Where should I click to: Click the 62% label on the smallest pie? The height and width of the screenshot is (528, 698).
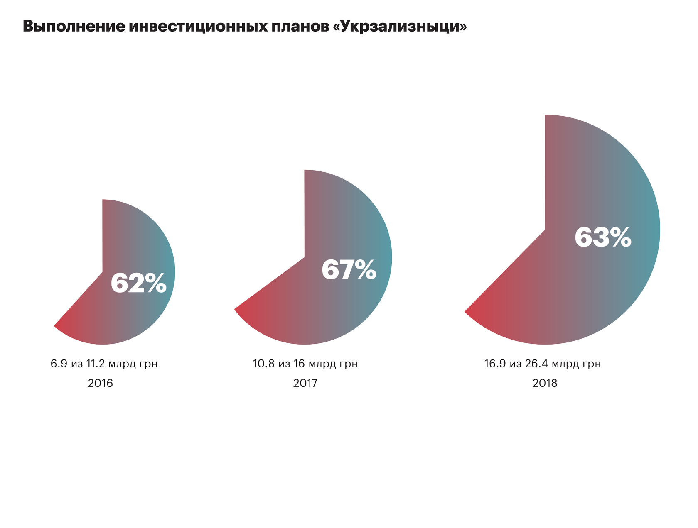coord(138,284)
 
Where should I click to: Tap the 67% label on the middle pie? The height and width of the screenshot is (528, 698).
coord(349,270)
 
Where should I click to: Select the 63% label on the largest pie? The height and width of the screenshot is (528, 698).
coord(603,238)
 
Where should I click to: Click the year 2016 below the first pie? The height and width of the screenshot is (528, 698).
coord(101,383)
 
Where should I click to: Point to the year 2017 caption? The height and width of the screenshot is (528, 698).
coord(305,383)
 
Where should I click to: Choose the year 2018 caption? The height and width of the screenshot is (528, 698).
coord(545,383)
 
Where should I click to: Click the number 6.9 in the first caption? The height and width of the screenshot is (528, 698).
coord(59,364)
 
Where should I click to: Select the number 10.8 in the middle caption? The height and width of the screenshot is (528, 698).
coord(263,364)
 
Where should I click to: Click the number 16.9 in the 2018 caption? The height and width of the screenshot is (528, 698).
coord(495,364)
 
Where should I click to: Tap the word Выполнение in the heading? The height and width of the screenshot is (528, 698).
coord(74,27)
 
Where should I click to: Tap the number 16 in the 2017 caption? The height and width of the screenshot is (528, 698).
coord(299,364)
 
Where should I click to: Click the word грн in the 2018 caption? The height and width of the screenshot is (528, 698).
coord(591,364)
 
